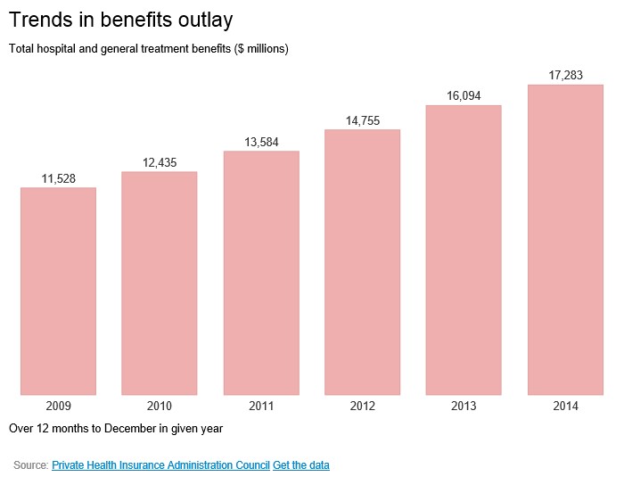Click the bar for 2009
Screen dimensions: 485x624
tap(58, 291)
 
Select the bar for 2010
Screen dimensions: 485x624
tap(160, 283)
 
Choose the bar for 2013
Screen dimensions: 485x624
tap(464, 250)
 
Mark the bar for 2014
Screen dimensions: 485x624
tap(565, 239)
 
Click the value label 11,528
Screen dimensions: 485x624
tap(59, 179)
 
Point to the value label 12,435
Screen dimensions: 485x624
tap(160, 162)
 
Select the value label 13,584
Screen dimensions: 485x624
tap(262, 143)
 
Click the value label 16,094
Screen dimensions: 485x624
tap(464, 97)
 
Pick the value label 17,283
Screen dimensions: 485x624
tap(566, 76)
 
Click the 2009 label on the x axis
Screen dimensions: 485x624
tap(58, 406)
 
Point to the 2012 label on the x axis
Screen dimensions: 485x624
tap(363, 406)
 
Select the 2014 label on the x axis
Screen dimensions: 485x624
tap(565, 406)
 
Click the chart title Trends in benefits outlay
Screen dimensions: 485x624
tap(127, 19)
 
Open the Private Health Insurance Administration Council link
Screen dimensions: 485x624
tap(160, 465)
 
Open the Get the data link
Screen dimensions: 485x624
tap(301, 465)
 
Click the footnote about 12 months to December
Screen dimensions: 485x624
tap(116, 428)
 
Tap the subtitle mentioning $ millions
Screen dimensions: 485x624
tap(149, 48)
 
